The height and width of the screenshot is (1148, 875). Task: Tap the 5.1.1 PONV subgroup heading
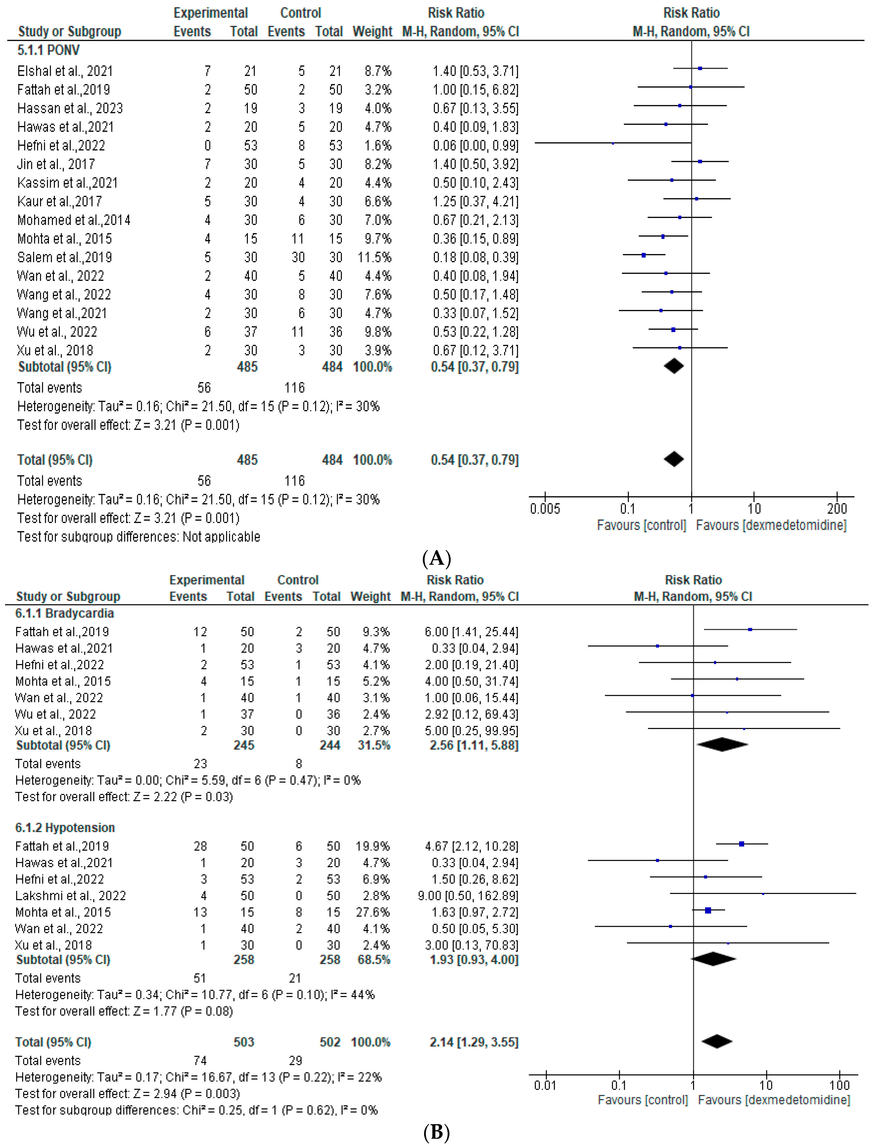48,51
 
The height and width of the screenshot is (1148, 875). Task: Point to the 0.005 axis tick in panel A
545,508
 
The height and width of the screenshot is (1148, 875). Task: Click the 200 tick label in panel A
836,508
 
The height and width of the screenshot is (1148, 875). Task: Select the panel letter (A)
436,558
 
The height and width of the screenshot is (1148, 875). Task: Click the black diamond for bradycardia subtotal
722,745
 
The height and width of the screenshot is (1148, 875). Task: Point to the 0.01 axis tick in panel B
545,1086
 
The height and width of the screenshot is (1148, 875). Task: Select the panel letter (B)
436,1132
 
